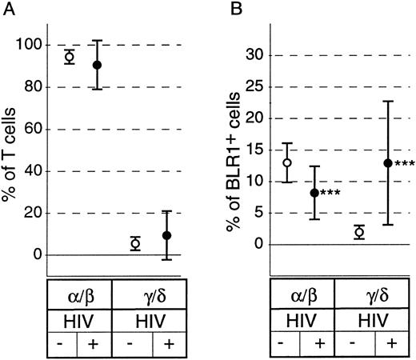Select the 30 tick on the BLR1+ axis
255,55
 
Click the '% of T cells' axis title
11,144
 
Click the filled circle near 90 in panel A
98,65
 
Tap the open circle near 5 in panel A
135,243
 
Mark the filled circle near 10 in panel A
166,235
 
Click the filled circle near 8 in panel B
314,193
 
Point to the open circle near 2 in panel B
360,232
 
